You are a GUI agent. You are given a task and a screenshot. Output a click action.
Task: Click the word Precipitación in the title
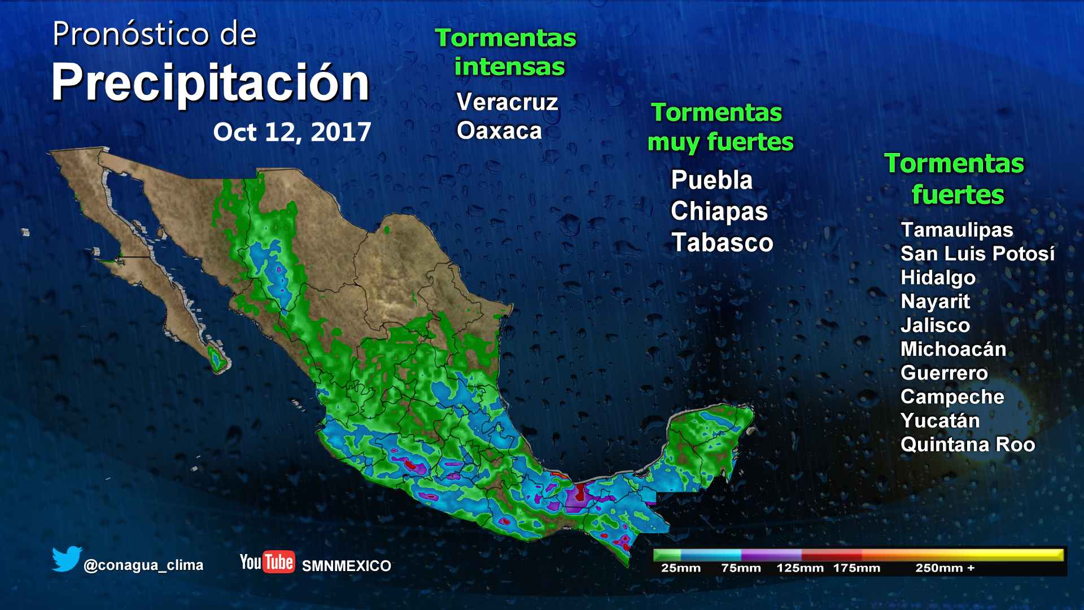coord(210,84)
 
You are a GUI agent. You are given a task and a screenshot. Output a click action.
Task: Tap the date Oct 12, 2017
coord(292,132)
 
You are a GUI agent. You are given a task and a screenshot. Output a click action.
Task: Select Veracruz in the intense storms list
coord(507,102)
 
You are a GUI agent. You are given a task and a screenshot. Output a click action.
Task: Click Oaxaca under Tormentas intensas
coord(499,130)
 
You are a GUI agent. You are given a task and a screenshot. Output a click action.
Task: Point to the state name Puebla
coord(711,180)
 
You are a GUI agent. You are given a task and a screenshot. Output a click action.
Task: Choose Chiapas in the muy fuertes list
coord(719,211)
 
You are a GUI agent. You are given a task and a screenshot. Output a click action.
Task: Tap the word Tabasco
coord(722,242)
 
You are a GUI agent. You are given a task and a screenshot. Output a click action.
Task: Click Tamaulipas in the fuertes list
coord(957,230)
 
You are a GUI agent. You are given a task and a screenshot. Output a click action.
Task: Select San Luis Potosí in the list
coord(977,254)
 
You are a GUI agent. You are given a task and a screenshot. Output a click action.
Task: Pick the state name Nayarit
coord(935,301)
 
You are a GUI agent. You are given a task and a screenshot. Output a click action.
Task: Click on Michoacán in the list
coord(953,349)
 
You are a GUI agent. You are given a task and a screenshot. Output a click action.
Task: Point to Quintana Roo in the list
coord(968,445)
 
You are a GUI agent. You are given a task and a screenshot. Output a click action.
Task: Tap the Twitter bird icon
coord(67,559)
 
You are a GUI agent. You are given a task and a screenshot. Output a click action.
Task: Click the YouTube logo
coord(267,562)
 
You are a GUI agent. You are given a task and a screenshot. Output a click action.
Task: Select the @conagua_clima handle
coord(143,565)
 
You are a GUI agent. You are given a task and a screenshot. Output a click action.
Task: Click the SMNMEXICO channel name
coord(347,566)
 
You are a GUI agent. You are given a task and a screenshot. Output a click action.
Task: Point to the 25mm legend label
coord(680,568)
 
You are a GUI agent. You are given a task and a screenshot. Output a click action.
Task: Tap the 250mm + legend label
coord(945,568)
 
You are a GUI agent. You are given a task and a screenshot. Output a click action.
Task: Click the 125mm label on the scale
coord(799,568)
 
